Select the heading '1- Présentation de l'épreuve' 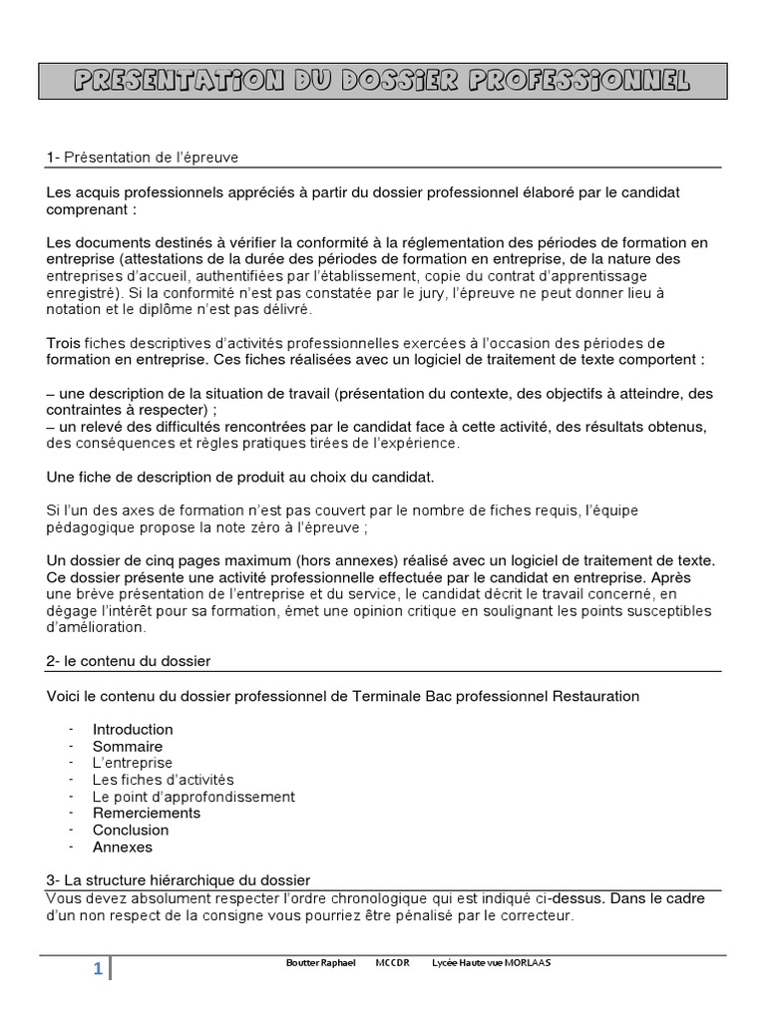point(143,158)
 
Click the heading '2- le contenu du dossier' point(129,661)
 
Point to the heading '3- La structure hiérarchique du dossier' point(179,879)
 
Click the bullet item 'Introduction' point(133,729)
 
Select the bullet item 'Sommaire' point(128,746)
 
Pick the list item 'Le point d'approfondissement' point(193,797)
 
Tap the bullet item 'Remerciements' point(147,813)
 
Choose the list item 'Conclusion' point(131,830)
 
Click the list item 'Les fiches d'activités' point(163,780)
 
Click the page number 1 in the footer point(98,969)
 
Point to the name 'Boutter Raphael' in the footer point(320,963)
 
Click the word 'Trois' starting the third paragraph point(64,343)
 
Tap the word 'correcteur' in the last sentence point(538,915)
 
